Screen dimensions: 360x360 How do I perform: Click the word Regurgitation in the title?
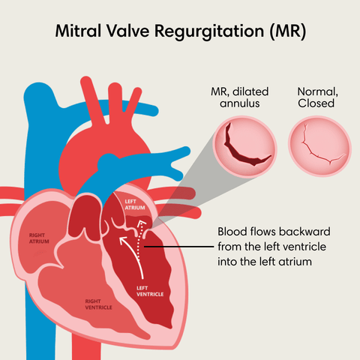click(209, 32)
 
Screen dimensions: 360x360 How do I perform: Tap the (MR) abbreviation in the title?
click(287, 31)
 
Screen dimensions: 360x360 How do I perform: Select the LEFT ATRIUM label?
click(135, 205)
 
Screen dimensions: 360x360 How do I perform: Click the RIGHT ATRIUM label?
click(39, 238)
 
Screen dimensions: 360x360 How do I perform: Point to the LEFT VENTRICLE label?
click(150, 291)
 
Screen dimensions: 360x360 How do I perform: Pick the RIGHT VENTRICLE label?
click(98, 304)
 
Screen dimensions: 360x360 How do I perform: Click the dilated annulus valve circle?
click(244, 147)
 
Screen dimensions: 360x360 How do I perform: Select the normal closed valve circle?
click(319, 146)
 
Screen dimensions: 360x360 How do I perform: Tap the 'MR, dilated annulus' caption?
click(240, 97)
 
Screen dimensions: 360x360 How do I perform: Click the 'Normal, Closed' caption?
click(317, 97)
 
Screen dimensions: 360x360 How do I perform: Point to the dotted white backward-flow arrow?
click(139, 239)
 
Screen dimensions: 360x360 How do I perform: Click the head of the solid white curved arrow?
click(123, 241)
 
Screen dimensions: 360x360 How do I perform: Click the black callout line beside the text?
click(179, 247)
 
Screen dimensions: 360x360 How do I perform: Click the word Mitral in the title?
click(78, 31)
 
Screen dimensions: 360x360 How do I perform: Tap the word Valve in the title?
click(127, 31)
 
